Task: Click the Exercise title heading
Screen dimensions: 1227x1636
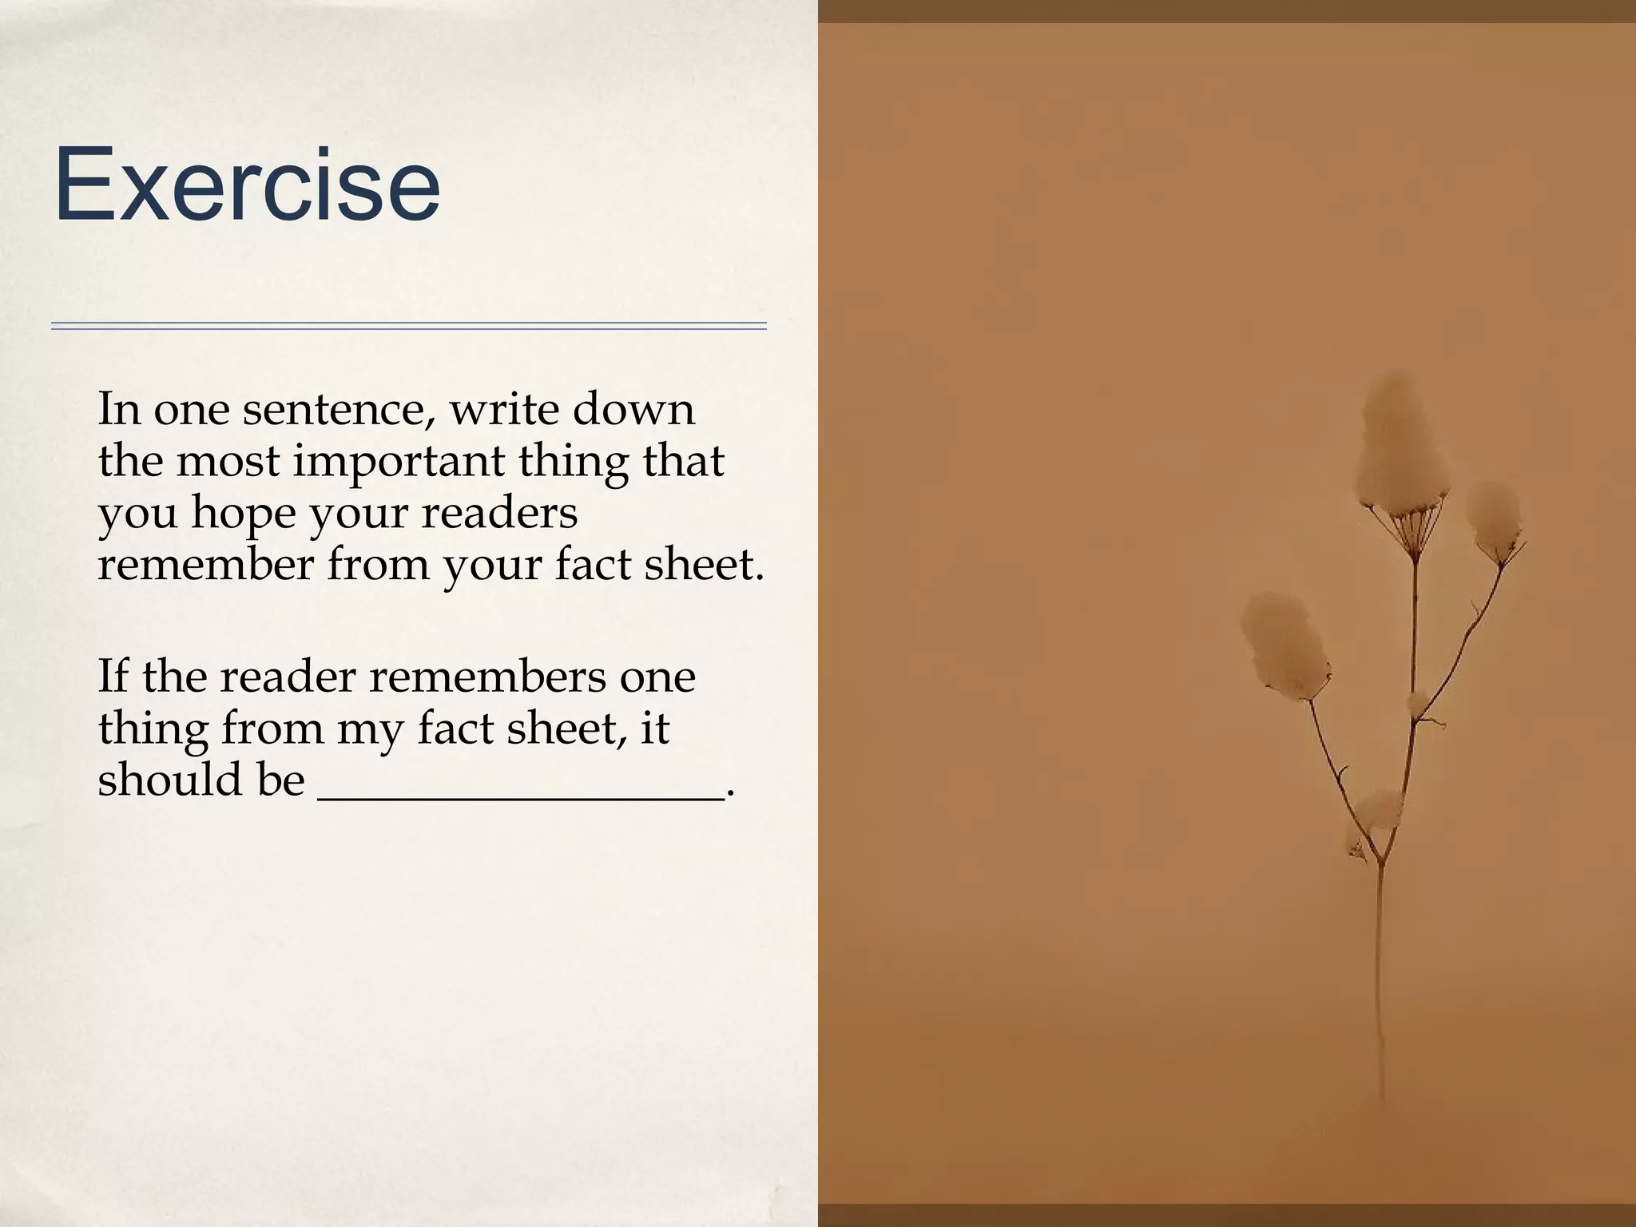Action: [247, 185]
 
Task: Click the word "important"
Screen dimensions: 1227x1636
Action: [399, 463]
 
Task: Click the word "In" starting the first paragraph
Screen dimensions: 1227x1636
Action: [118, 409]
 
